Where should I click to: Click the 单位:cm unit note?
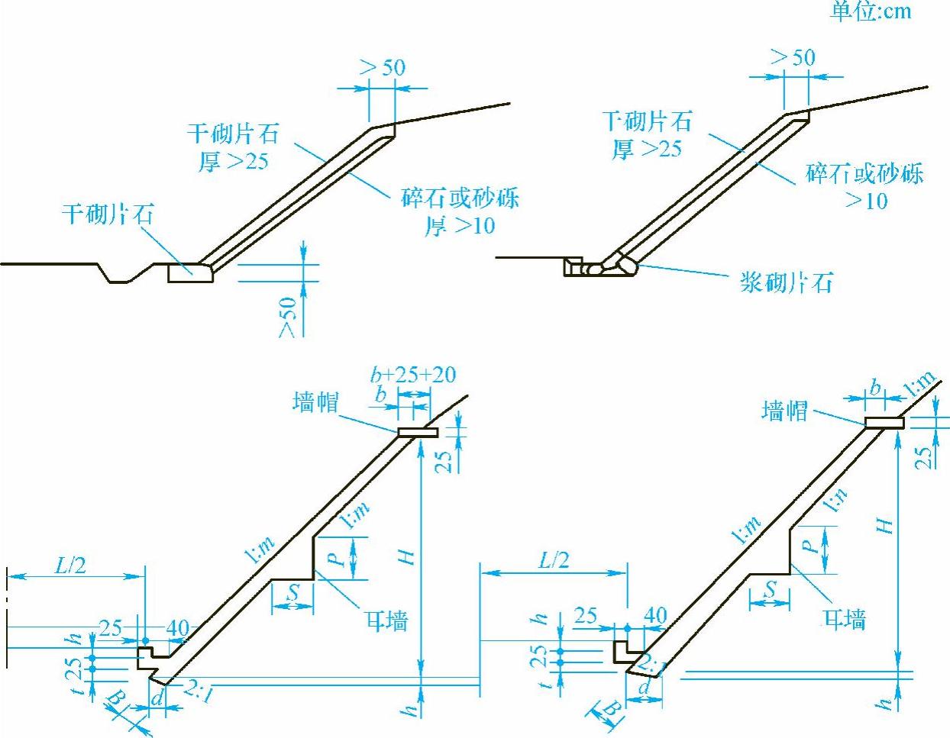pyautogui.click(x=871, y=11)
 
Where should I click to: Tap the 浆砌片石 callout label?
pyautogui.click(x=786, y=282)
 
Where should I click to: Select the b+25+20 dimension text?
pyautogui.click(x=412, y=374)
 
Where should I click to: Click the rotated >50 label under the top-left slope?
pyautogui.click(x=288, y=317)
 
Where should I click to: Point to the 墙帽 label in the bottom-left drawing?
pyautogui.click(x=315, y=402)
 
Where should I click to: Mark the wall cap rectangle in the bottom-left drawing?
pyautogui.click(x=417, y=433)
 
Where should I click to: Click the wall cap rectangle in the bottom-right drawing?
pyautogui.click(x=884, y=423)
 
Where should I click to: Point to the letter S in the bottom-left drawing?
pyautogui.click(x=293, y=591)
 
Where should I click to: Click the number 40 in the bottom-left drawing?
pyautogui.click(x=177, y=628)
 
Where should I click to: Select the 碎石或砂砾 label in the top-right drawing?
pyautogui.click(x=864, y=174)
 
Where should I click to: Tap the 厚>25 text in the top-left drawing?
pyautogui.click(x=234, y=161)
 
